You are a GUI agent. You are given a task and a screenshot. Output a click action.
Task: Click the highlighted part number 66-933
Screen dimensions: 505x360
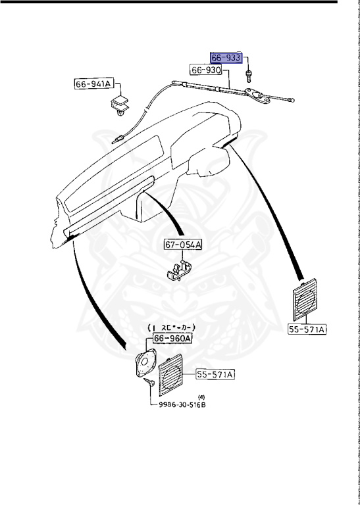226,57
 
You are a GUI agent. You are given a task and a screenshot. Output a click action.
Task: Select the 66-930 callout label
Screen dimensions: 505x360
206,69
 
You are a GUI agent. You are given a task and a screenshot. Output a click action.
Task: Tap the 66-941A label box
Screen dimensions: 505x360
94,84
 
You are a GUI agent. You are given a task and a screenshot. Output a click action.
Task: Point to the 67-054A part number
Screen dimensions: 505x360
184,245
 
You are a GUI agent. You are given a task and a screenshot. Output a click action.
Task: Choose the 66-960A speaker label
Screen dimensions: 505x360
172,338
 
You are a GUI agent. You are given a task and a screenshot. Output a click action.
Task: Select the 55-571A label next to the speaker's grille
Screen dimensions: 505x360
215,375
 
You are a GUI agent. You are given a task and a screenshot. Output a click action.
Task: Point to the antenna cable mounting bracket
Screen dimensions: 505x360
259,97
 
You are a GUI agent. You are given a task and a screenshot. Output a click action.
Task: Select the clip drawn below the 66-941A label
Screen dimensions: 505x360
120,106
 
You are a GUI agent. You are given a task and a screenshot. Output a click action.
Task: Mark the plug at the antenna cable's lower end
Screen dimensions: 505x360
118,139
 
